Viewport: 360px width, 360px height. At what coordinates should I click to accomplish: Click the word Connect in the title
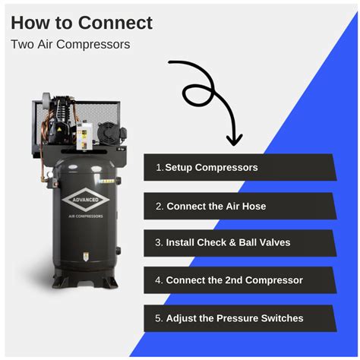click(115, 23)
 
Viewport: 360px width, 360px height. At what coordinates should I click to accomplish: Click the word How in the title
click(30, 23)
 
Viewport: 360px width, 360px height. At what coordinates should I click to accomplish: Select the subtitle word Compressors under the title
click(93, 45)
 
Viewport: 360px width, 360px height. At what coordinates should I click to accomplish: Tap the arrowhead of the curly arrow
click(234, 140)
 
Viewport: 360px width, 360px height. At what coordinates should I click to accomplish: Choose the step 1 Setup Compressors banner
click(240, 167)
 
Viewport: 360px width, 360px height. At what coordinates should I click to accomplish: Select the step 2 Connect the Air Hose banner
click(240, 206)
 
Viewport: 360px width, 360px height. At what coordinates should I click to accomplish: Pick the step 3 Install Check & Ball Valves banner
click(240, 243)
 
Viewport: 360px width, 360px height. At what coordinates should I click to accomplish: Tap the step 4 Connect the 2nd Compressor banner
click(240, 280)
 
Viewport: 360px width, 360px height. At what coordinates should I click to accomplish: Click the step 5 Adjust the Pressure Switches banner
click(240, 318)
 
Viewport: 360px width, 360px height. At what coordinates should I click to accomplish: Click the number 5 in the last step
click(158, 318)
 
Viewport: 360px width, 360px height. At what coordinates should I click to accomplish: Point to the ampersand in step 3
click(232, 242)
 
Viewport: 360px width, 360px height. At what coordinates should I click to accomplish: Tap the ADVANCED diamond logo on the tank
click(86, 200)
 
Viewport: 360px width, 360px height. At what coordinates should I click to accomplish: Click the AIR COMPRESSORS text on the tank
click(86, 216)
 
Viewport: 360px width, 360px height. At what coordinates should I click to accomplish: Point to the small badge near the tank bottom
click(86, 256)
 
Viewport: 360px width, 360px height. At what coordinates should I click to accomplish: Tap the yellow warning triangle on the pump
click(59, 130)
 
